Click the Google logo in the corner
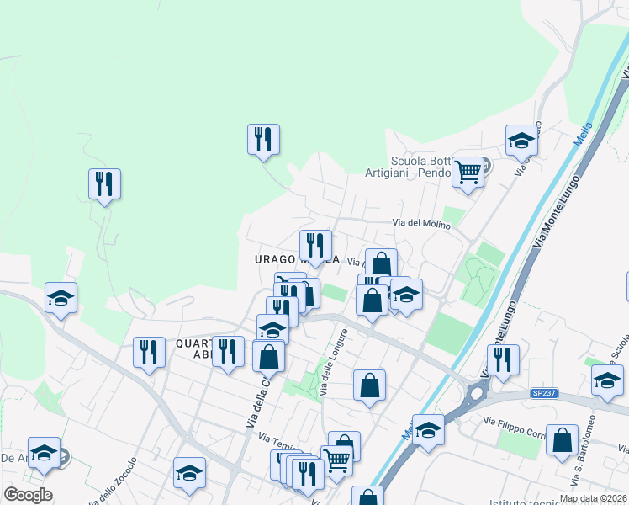tap(28, 495)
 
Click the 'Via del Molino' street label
tap(421, 223)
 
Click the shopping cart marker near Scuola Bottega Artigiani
tap(468, 173)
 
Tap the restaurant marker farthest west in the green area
tap(104, 184)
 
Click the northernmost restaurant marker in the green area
tap(263, 140)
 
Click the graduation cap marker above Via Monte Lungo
tap(521, 140)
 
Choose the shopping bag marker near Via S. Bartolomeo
tap(562, 441)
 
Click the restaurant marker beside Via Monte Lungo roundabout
tap(503, 359)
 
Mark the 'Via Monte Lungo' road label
tap(557, 210)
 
